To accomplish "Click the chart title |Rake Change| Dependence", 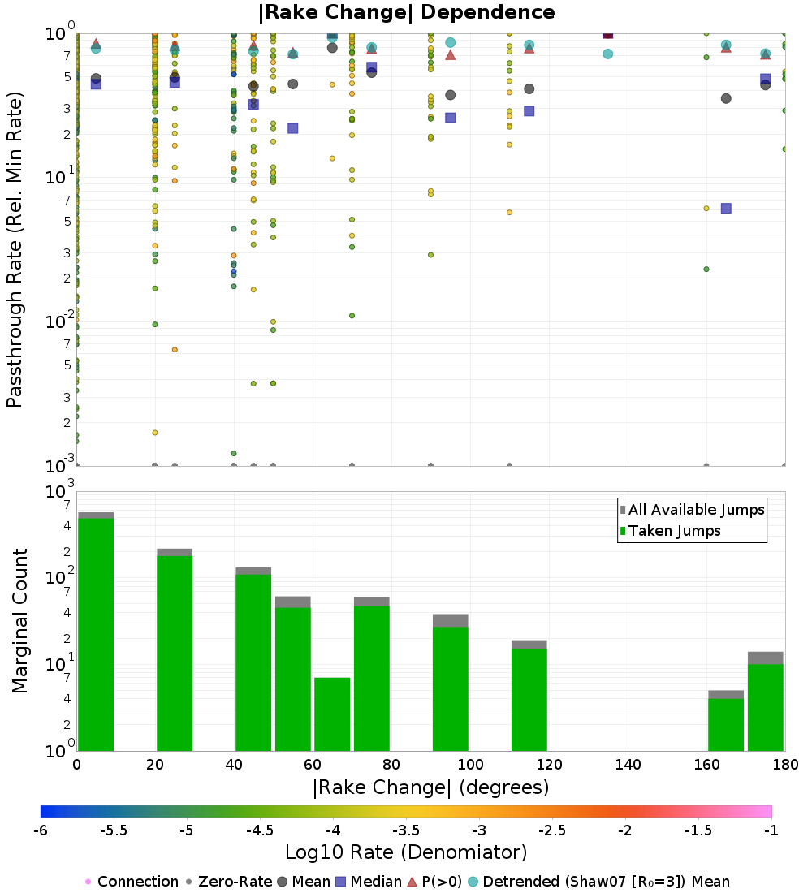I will tap(406, 12).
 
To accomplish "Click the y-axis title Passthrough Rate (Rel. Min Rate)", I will tap(15, 249).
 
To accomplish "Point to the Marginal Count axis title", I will tap(19, 621).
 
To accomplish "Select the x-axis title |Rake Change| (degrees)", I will tap(431, 787).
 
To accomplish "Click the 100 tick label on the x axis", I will tap(470, 765).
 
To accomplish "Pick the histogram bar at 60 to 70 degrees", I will tap(332, 714).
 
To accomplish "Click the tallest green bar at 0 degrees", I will tap(96, 633).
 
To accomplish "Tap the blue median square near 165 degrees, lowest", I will tap(726, 208).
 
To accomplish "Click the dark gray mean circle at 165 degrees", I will tap(726, 98).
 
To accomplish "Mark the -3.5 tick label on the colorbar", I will tap(406, 830).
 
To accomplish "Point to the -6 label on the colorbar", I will tap(41, 830).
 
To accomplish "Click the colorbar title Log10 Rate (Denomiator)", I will tap(406, 852).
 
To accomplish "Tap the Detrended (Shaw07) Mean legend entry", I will tap(606, 882).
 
